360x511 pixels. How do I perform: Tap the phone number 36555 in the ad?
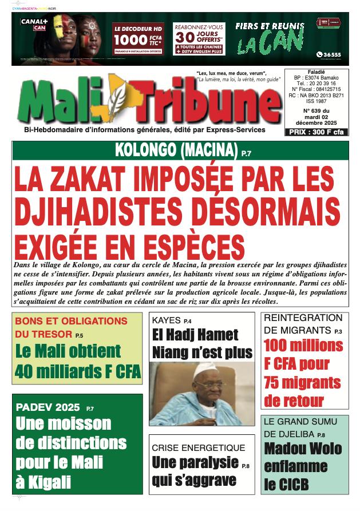331,54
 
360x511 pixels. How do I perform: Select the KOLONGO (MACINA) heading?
176,151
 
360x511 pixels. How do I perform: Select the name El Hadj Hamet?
195,335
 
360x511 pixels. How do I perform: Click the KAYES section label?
165,320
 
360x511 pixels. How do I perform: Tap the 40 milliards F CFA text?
78,371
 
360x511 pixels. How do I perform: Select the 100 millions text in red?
303,345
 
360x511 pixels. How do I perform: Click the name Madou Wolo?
303,449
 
